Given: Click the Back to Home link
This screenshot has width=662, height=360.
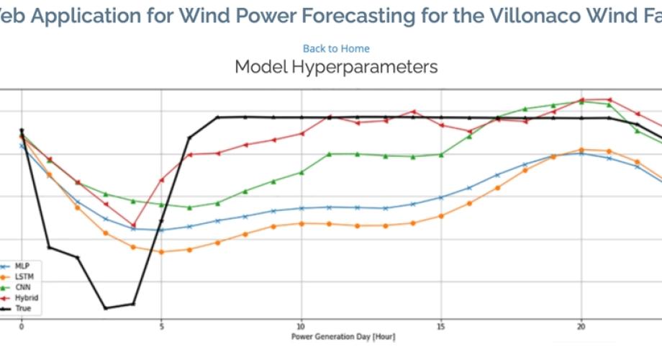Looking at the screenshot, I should [x=336, y=48].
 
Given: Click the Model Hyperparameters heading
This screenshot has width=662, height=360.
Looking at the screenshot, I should [x=336, y=68].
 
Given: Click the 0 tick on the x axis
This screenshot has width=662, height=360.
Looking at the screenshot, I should [x=22, y=325].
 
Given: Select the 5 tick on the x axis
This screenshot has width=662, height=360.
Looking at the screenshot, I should [x=161, y=325].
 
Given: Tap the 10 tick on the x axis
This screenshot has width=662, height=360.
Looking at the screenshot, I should [x=301, y=325].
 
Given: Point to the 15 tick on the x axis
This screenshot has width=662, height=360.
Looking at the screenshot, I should [x=441, y=325].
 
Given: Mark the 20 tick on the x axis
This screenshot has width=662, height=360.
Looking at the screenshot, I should [x=581, y=325].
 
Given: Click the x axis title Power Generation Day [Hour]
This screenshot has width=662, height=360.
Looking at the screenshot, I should [x=343, y=336].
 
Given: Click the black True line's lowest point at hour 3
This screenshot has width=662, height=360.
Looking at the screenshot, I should [x=106, y=308].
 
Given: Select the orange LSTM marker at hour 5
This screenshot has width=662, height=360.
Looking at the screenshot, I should [x=161, y=252].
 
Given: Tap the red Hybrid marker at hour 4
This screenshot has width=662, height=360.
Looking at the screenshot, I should [x=134, y=225].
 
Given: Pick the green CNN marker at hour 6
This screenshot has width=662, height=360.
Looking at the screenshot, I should [x=189, y=207].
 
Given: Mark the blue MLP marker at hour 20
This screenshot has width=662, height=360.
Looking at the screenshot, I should [x=581, y=153].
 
